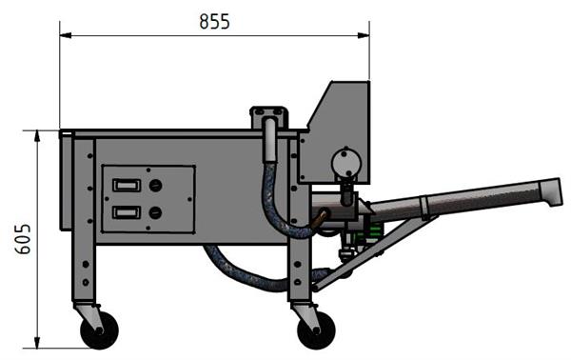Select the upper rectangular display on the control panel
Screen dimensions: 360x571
pos(127,186)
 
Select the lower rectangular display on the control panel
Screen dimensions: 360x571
pos(127,211)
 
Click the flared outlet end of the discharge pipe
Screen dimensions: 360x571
pos(551,192)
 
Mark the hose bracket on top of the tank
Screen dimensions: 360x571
pos(268,117)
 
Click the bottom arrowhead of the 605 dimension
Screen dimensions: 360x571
pos(37,344)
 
